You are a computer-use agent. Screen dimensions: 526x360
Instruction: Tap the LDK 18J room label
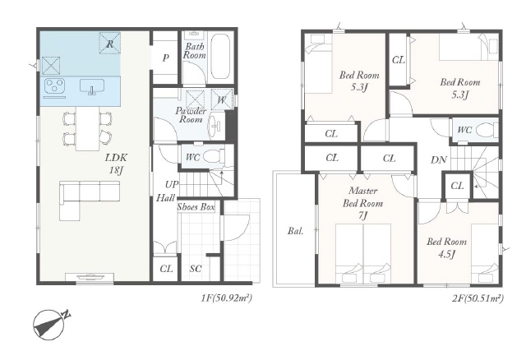(x=116, y=164)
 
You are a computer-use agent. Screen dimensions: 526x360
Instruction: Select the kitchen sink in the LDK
(x=92, y=86)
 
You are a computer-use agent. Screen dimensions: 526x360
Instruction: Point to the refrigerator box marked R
(x=109, y=43)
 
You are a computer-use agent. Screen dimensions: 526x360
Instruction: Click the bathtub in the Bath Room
(x=221, y=57)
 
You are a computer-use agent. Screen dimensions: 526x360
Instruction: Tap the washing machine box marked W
(x=222, y=99)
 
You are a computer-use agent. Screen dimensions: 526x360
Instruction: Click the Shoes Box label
(x=196, y=207)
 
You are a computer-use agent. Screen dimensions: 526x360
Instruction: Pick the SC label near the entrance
(x=196, y=269)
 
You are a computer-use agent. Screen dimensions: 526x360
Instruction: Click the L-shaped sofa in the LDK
(x=90, y=201)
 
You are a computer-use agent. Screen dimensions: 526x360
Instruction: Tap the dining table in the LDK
(x=88, y=128)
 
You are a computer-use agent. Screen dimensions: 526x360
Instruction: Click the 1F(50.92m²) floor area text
(x=227, y=298)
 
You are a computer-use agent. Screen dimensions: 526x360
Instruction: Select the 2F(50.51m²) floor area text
(x=478, y=298)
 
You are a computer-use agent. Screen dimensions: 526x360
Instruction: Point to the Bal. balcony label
(x=296, y=231)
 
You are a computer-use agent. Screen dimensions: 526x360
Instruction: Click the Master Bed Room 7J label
(x=362, y=203)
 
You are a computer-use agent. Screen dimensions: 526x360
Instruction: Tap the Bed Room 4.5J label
(x=446, y=248)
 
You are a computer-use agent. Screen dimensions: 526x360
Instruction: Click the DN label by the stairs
(x=439, y=160)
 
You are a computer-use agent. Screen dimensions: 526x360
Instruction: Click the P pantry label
(x=165, y=58)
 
